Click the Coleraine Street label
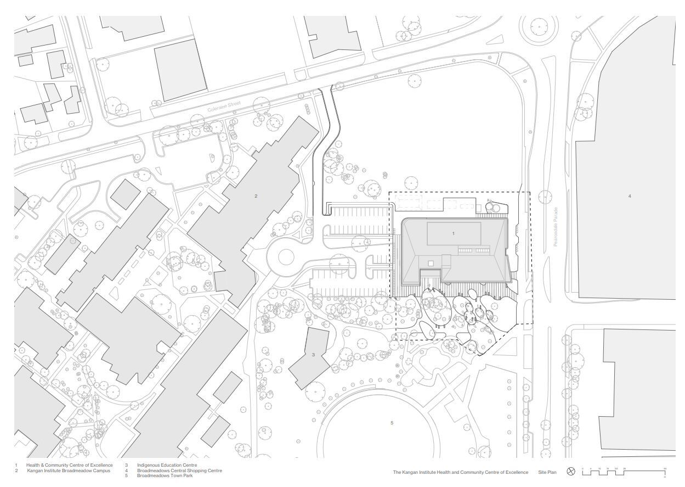pos(224,107)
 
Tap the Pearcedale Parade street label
pos(555,226)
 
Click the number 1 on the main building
pos(453,233)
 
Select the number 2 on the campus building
pos(256,196)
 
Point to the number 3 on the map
pos(313,355)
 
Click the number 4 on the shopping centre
pos(630,196)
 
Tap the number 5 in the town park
pos(392,423)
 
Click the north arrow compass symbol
pos(571,472)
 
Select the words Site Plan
pos(547,472)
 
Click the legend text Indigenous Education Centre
pos(167,465)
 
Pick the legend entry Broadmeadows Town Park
pos(165,475)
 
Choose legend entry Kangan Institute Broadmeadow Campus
pos(69,471)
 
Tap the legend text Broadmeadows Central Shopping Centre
pos(179,471)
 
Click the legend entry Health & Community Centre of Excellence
pos(69,465)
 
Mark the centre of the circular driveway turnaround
pos(286,256)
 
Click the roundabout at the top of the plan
pos(539,27)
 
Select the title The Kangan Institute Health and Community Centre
pos(460,472)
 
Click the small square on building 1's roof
pos(431,264)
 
